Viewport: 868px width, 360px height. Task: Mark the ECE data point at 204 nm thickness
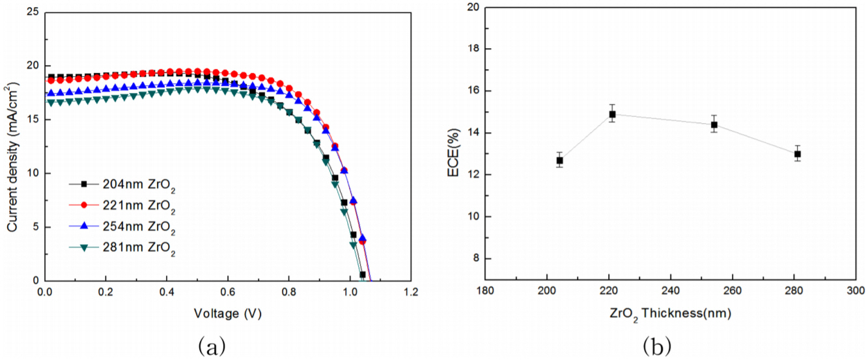tap(559, 160)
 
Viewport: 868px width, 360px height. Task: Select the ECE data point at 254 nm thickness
tap(714, 124)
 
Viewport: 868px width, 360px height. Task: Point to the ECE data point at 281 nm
tap(797, 154)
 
